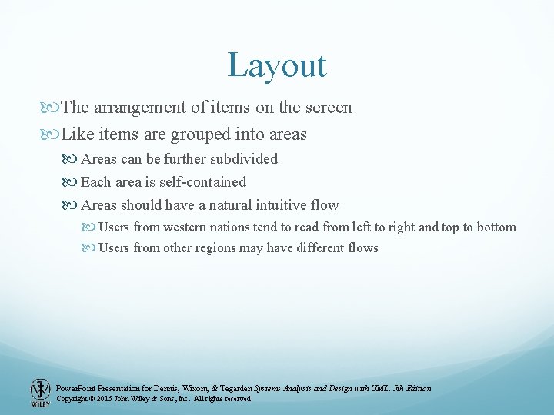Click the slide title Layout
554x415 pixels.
click(277, 65)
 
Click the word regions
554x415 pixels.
click(217, 247)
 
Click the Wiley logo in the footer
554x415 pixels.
click(40, 393)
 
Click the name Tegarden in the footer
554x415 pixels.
click(230, 388)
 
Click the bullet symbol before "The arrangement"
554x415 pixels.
click(52, 108)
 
